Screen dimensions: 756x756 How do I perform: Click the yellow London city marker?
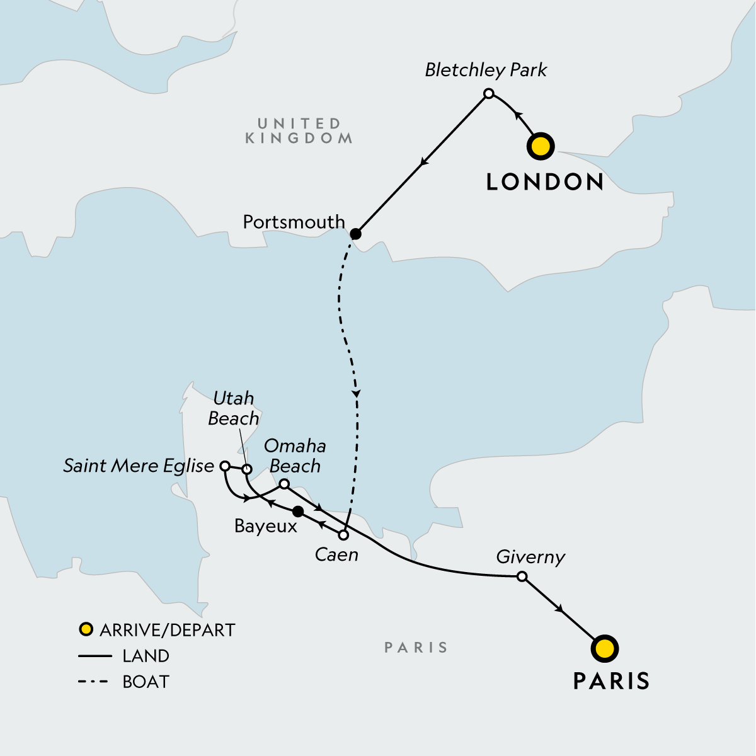tap(541, 146)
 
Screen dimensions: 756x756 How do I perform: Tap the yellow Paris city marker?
tap(605, 648)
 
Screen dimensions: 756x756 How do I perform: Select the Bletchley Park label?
tap(486, 70)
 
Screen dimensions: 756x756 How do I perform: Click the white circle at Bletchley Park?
tap(488, 94)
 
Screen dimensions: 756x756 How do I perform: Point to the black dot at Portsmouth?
tap(355, 234)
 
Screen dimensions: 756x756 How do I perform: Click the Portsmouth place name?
tap(294, 222)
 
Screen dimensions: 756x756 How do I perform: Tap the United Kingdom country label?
tap(299, 131)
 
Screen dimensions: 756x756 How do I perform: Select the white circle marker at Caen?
tap(343, 535)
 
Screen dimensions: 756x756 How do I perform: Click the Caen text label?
tap(336, 555)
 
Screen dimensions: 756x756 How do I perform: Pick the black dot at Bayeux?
tap(298, 511)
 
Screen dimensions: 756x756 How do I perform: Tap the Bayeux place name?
tap(265, 526)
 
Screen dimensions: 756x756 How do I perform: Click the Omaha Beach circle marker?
tap(284, 484)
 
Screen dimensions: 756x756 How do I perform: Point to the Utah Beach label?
tap(233, 408)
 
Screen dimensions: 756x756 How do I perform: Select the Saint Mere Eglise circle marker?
tap(224, 466)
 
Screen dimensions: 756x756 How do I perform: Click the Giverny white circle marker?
tap(522, 576)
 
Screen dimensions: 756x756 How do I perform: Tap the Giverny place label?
tap(530, 558)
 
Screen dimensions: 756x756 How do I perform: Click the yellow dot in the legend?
tap(86, 629)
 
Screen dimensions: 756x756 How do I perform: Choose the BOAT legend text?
tap(146, 682)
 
